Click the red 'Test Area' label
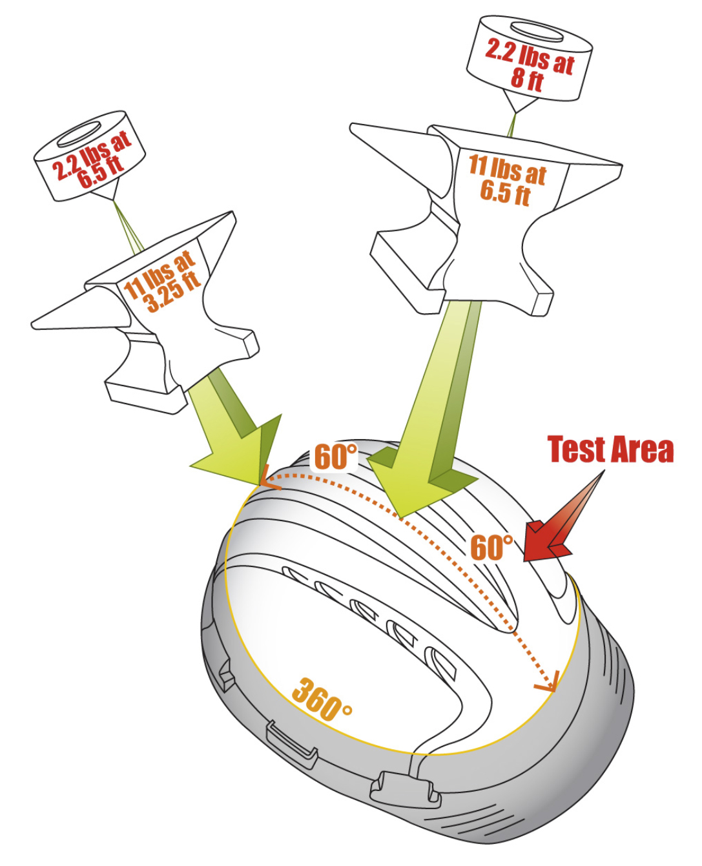click(610, 449)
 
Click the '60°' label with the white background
click(335, 457)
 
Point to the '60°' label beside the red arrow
click(491, 547)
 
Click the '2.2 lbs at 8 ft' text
click(529, 65)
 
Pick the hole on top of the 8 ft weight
click(537, 32)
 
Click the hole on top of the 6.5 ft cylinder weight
click(79, 134)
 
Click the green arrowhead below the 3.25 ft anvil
click(240, 455)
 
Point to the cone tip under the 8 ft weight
click(516, 112)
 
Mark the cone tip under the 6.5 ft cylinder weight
click(114, 199)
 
